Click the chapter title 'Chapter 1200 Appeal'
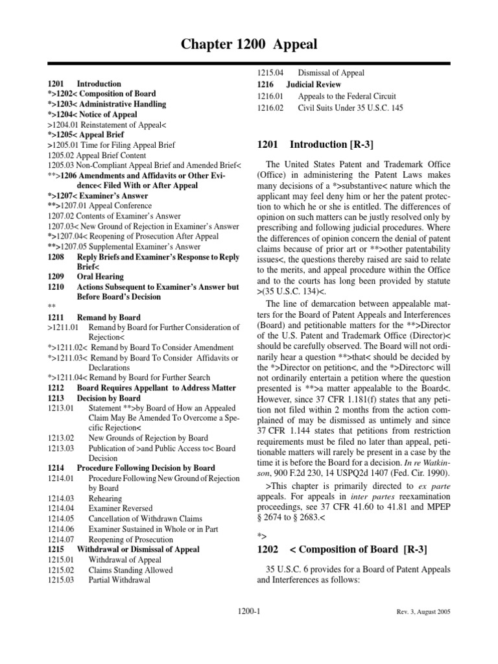249,44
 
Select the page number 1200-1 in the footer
249,611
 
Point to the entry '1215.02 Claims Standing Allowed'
110,570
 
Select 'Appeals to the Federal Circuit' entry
347,97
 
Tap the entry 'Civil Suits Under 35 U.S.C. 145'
350,108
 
